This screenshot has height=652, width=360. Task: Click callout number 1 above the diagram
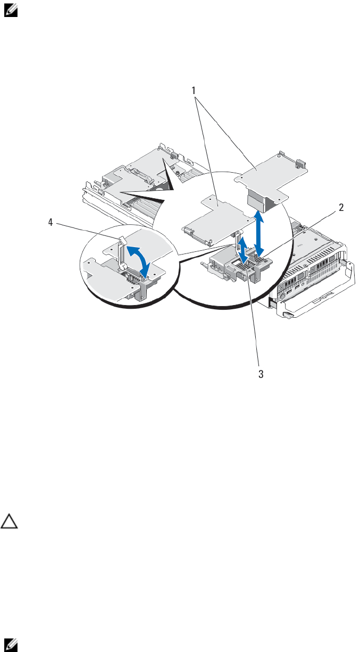[x=194, y=91]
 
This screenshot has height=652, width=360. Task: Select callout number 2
[x=341, y=208]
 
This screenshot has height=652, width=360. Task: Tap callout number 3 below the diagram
[x=261, y=374]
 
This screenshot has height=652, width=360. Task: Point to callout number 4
[x=51, y=223]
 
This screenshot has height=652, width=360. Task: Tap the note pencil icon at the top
[x=11, y=11]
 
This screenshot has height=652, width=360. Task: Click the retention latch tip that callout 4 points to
[x=122, y=240]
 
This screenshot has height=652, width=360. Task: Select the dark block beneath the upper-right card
[x=258, y=201]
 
